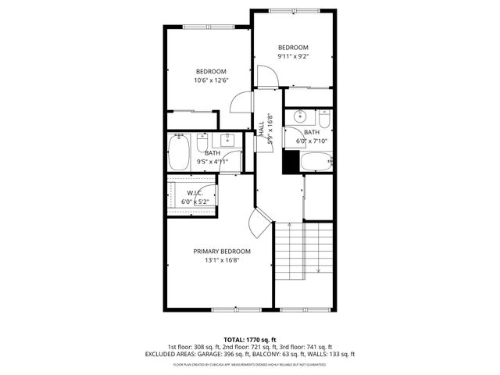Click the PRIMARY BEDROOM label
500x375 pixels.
(x=223, y=251)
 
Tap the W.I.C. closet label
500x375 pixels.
(x=195, y=192)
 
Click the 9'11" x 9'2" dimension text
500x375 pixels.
(x=293, y=56)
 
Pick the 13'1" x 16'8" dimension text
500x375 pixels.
(x=222, y=260)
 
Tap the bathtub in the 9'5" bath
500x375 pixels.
(x=179, y=152)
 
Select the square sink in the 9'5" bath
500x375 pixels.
(x=228, y=141)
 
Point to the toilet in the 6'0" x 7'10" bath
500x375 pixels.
(x=324, y=120)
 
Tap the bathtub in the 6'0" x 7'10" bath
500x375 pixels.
(x=316, y=162)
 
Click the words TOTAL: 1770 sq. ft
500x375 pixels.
(x=249, y=340)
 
